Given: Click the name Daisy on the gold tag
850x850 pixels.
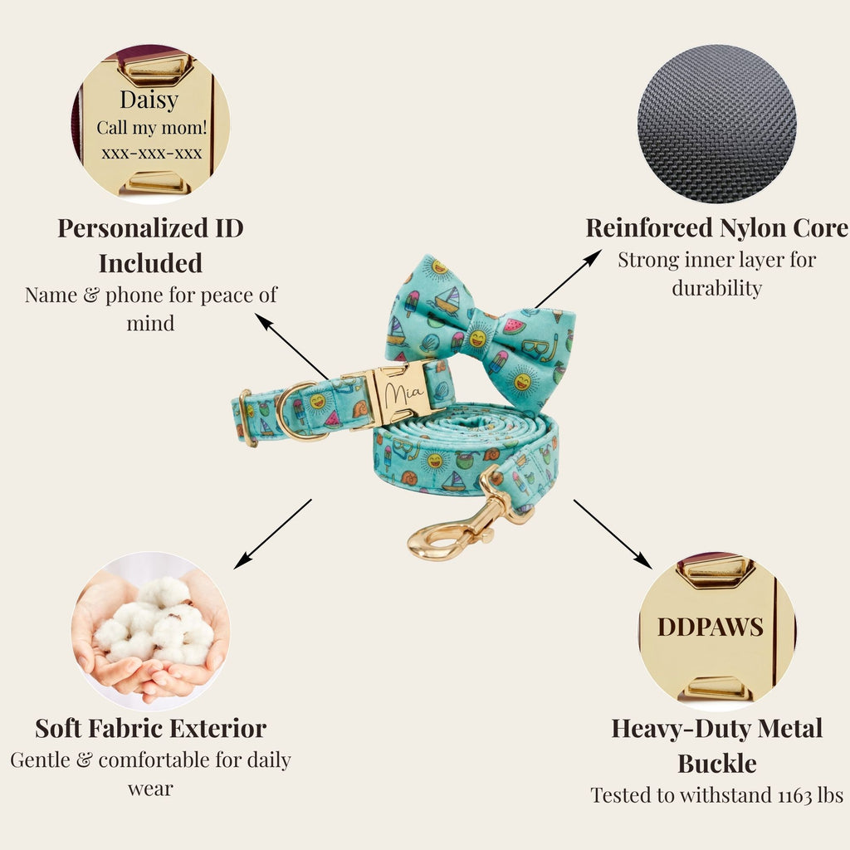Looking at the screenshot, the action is pos(149,100).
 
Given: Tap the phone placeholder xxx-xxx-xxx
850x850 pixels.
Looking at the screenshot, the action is pos(152,154).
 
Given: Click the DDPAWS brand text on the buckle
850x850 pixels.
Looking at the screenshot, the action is pos(711,628).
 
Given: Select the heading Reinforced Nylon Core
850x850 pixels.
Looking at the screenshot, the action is pos(716,227).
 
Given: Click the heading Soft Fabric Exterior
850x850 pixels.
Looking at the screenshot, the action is pos(151,728).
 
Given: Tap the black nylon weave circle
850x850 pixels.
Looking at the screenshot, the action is pos(716,124).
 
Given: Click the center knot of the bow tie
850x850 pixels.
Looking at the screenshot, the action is pos(477,337).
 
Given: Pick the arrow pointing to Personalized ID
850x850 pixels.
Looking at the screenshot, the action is pos(291,346).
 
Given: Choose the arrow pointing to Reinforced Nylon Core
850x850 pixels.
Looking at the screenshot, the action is pos(569,279).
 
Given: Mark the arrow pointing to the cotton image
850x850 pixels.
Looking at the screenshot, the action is pos(272,534).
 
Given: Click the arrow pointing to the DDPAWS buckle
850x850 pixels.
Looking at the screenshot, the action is pos(613,534).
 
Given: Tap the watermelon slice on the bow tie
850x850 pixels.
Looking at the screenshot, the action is pos(514,325).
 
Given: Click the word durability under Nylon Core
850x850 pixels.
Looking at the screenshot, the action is pos(716,288).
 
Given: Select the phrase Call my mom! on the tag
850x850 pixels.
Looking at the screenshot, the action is pos(152,128).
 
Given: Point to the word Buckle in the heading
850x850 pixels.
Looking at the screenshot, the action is pos(716,764).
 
